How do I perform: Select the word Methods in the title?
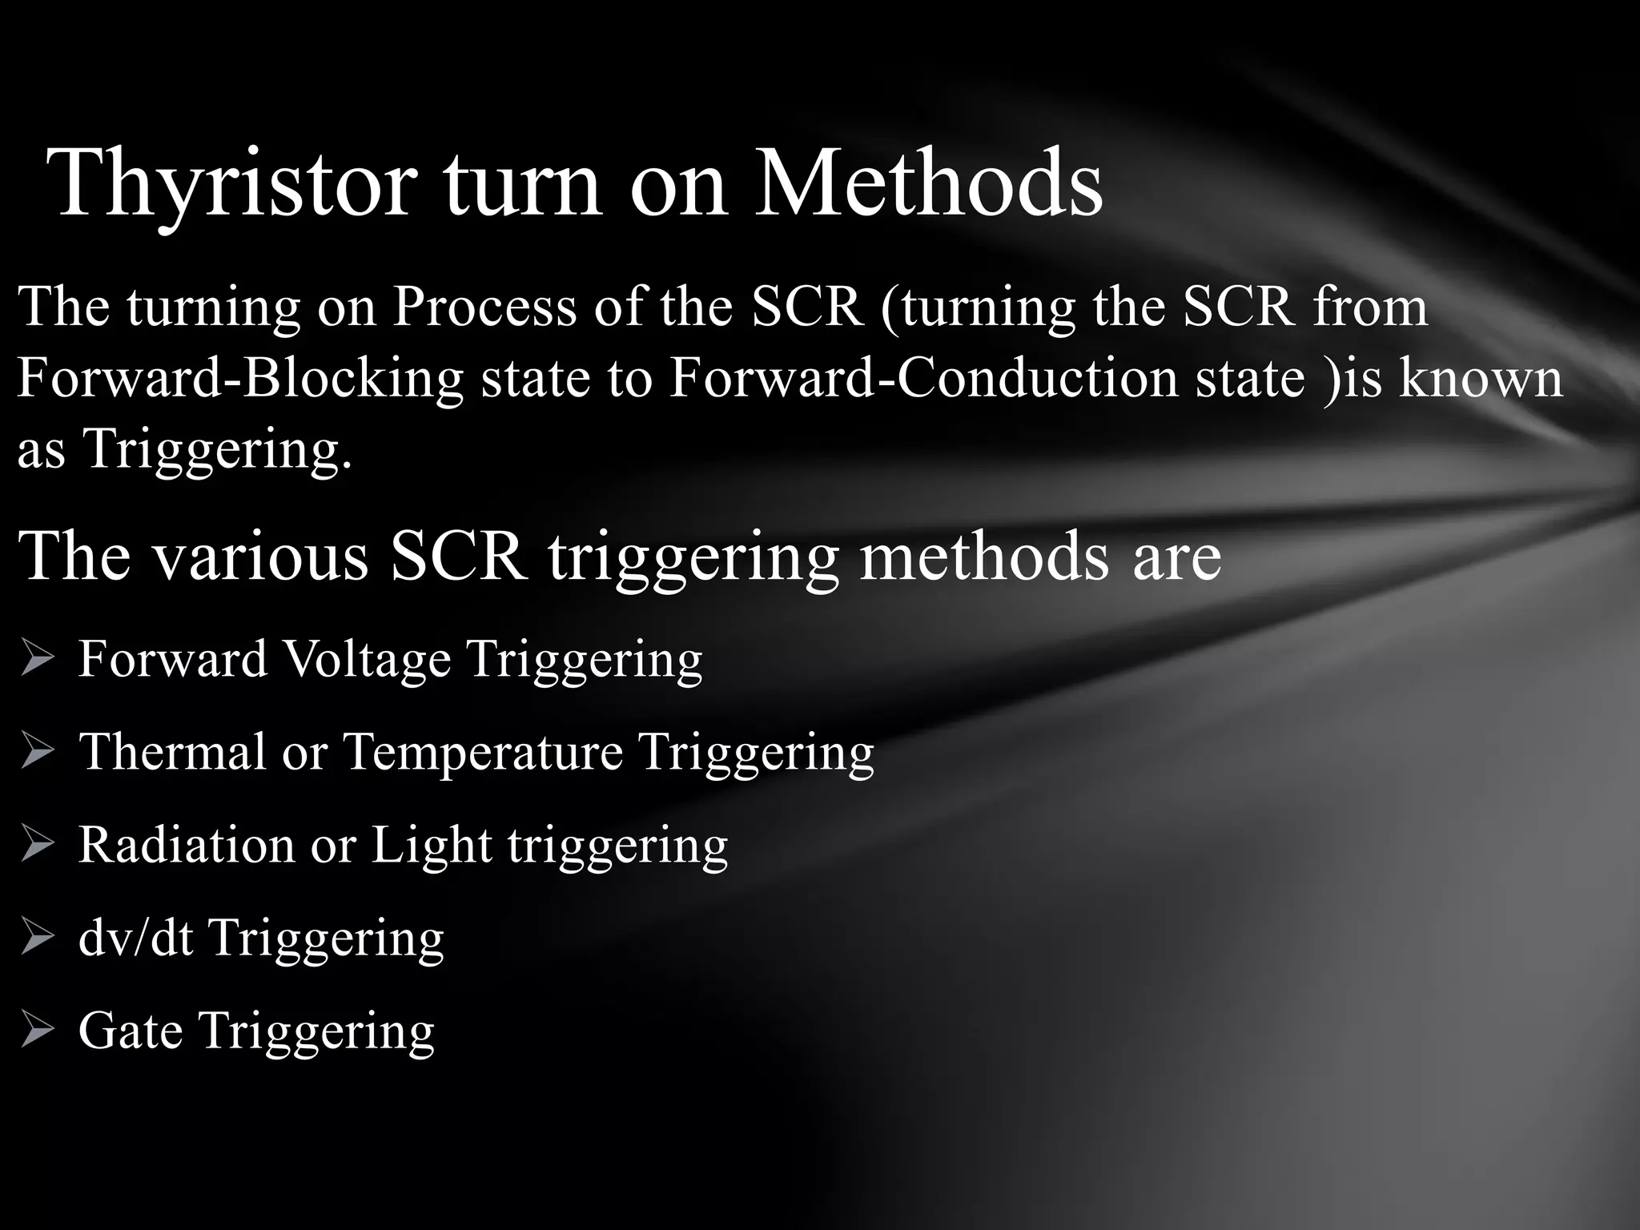[929, 183]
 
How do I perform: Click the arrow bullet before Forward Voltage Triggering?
[37, 660]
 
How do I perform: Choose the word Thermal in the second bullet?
[172, 751]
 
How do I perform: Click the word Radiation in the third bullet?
[187, 844]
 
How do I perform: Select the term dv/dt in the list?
[136, 937]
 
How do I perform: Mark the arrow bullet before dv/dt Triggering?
[37, 938]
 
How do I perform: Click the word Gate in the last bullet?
[130, 1030]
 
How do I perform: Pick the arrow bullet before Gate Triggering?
[37, 1031]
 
